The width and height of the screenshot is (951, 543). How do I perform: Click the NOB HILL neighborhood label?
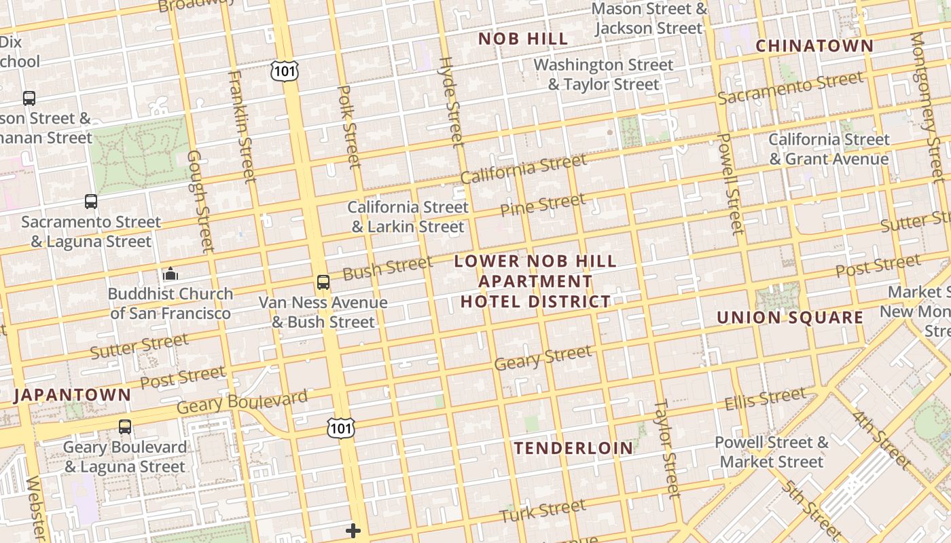(523, 39)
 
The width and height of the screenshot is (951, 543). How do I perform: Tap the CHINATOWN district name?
(814, 45)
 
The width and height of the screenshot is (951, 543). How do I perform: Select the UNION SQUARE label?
(790, 317)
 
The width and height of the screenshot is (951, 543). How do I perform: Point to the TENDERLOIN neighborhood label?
(573, 448)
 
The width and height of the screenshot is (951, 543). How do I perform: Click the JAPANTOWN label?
(72, 395)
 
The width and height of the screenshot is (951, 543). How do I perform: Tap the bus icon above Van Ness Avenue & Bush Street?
(323, 282)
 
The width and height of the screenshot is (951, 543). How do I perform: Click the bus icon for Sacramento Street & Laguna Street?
(91, 202)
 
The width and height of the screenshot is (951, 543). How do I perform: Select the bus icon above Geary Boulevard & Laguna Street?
(125, 427)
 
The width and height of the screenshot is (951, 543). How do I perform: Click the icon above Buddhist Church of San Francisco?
(171, 274)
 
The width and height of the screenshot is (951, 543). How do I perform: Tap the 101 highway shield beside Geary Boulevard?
(340, 428)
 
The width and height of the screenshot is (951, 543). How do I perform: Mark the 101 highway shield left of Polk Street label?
(284, 71)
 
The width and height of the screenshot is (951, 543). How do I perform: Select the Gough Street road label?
(200, 200)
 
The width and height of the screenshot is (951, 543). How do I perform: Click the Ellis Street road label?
(765, 398)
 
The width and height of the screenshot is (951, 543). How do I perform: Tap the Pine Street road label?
(542, 204)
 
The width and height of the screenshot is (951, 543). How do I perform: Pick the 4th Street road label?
(882, 438)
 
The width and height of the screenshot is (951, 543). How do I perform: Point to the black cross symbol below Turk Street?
(353, 531)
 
